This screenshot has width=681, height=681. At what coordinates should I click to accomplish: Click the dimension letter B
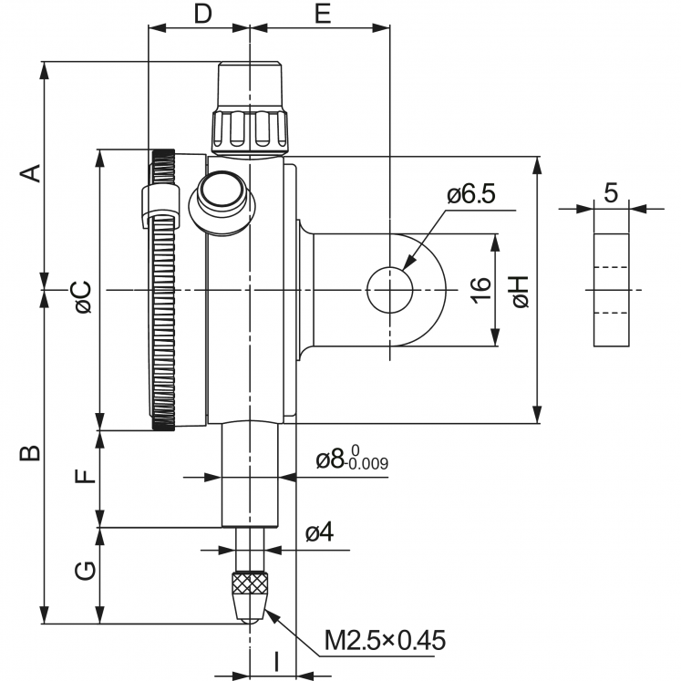click(31, 452)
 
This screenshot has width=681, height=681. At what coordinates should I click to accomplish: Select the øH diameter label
click(521, 290)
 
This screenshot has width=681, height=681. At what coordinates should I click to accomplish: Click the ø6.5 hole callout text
click(470, 195)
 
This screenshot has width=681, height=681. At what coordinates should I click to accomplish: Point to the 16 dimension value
click(482, 290)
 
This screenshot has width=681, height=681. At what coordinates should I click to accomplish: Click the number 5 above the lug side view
click(611, 192)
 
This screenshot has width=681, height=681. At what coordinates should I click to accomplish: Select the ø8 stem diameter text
click(352, 460)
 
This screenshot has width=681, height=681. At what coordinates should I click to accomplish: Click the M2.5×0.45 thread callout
click(386, 641)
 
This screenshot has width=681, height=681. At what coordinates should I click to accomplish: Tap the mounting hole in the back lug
click(389, 290)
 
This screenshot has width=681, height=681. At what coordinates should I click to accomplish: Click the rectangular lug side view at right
click(612, 290)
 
